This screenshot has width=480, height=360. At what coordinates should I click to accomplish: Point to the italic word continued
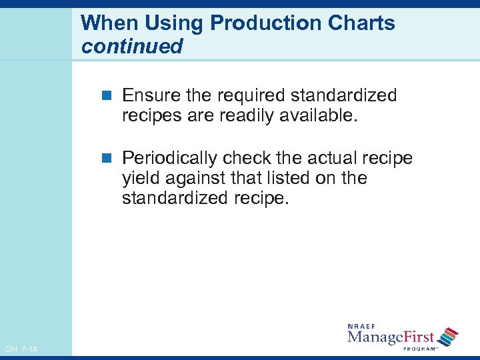click(131, 47)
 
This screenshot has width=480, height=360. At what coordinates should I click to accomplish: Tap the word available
click(320, 116)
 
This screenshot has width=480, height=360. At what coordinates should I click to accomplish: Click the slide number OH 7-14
click(21, 349)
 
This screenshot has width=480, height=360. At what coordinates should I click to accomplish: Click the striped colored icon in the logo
click(449, 336)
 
